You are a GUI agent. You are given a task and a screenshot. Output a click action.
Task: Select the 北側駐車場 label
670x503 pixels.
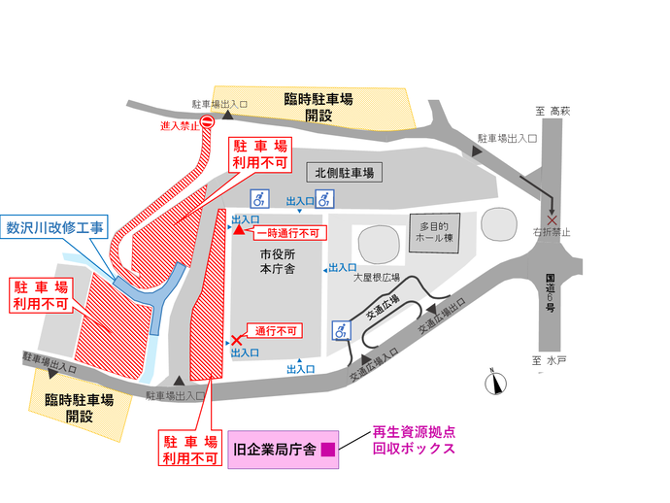pyautogui.click(x=344, y=173)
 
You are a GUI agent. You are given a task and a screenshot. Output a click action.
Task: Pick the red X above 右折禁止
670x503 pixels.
pyautogui.click(x=553, y=219)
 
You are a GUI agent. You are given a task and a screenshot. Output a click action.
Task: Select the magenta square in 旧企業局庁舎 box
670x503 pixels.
pyautogui.click(x=327, y=450)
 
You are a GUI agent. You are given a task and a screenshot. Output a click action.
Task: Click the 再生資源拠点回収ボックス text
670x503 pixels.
pyautogui.click(x=413, y=442)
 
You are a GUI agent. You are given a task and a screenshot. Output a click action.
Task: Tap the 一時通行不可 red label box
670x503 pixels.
pyautogui.click(x=287, y=233)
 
